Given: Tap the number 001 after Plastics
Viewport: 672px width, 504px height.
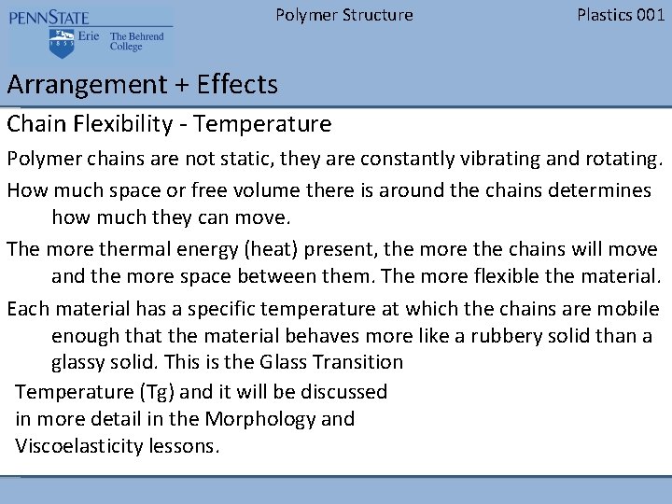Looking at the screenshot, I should pyautogui.click(x=649, y=15).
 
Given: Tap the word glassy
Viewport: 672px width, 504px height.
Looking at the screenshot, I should pyautogui.click(x=80, y=362).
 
